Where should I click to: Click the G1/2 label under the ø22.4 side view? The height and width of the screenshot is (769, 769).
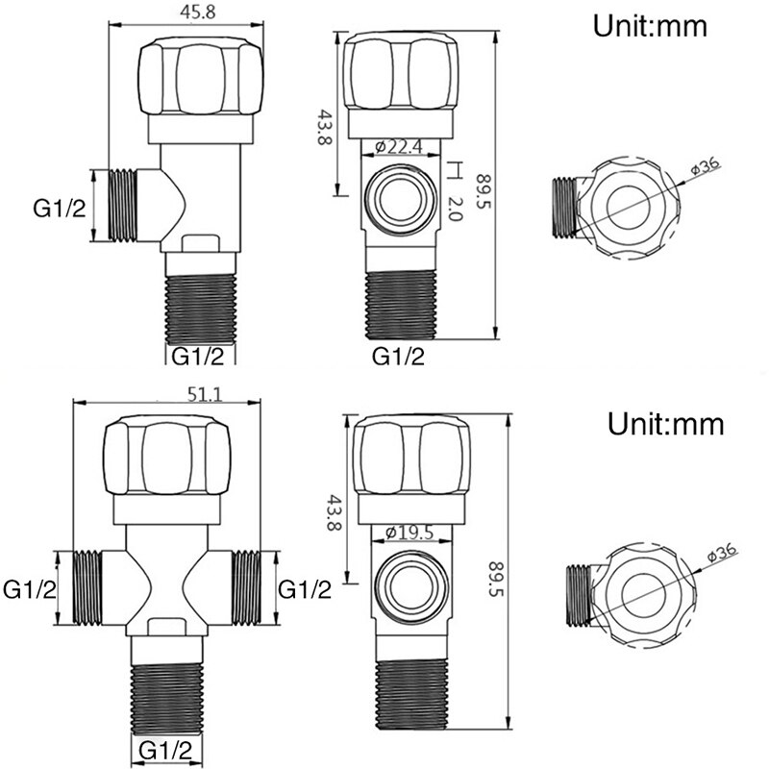tap(398, 357)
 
